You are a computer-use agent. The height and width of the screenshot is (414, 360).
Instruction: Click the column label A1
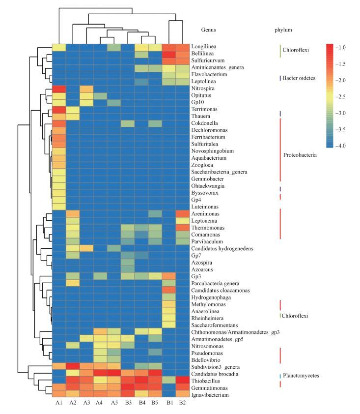pyautogui.click(x=59, y=405)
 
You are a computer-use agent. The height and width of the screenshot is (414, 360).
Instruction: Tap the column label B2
pyautogui.click(x=183, y=405)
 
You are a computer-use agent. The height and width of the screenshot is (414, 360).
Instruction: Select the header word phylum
pyautogui.click(x=283, y=30)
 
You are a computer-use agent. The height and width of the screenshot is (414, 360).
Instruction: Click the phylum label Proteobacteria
pyautogui.click(x=300, y=155)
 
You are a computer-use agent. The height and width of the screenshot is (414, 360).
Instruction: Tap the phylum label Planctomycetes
pyautogui.click(x=302, y=376)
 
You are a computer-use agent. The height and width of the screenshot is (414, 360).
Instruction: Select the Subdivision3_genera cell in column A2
pyautogui.click(x=73, y=367)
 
